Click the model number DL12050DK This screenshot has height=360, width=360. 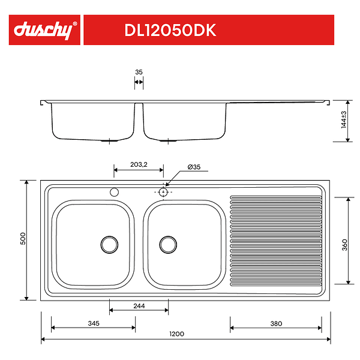[170, 31]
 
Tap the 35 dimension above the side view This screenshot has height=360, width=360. [139, 72]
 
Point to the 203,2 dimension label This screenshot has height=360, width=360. [138, 164]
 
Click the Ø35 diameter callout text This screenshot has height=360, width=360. [194, 167]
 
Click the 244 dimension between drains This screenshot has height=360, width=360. [139, 306]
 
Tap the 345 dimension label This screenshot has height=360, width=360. [93, 323]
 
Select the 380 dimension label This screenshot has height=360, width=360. [275, 323]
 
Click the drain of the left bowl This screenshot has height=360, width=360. [109, 244]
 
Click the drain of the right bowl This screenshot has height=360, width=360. [168, 244]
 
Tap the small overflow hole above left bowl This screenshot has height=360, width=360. [114, 192]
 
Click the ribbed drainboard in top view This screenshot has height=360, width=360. [276, 240]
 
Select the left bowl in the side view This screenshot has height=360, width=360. [92, 122]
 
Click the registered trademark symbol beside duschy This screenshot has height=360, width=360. [75, 24]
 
